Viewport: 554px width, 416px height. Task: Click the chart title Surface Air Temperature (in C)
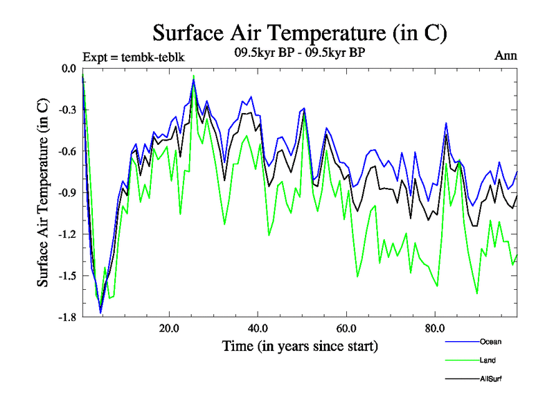(x=299, y=33)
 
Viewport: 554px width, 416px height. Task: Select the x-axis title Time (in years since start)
(x=299, y=345)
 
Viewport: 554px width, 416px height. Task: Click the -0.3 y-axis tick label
(x=67, y=110)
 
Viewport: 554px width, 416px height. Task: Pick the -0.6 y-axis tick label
(x=67, y=151)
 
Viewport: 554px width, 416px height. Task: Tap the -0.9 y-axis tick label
(x=67, y=193)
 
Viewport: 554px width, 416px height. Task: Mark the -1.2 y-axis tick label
(x=67, y=234)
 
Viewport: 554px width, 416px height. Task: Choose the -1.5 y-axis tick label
(x=67, y=276)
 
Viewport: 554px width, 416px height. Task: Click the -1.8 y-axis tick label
(x=67, y=318)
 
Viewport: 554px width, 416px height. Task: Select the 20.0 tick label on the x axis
(x=169, y=328)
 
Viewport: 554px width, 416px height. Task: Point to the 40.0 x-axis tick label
(x=258, y=328)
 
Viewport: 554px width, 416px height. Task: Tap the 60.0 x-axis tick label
(x=346, y=328)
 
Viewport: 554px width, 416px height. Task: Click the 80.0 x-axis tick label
(x=434, y=328)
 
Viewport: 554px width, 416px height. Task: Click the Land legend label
(x=487, y=360)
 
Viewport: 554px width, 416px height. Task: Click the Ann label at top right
(x=506, y=56)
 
